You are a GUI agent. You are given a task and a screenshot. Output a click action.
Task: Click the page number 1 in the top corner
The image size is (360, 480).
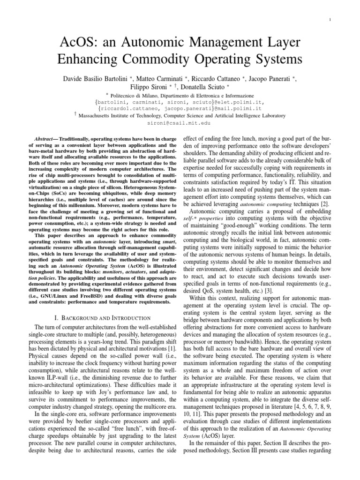331,19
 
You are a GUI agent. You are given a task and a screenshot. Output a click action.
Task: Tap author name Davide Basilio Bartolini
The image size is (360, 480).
100,78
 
